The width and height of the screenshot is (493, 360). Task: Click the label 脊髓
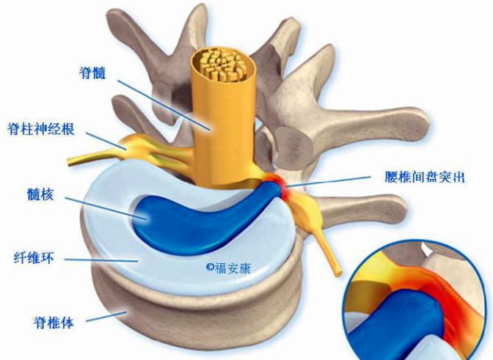[x=92, y=73]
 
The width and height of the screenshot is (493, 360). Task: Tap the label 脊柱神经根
[x=41, y=129]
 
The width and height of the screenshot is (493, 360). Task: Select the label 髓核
[x=40, y=194]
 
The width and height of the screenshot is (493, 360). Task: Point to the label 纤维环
[x=34, y=259]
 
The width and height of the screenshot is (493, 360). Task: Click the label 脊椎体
[x=54, y=322]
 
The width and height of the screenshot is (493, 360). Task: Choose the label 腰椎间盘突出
[x=425, y=177]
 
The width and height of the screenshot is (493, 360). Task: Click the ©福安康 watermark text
[x=229, y=268]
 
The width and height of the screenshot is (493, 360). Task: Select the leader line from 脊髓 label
[x=164, y=105]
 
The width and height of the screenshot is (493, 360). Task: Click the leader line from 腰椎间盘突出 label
[x=329, y=182]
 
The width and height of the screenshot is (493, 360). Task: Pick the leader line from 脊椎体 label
[x=106, y=316]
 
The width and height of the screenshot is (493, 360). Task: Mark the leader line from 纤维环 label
[x=101, y=260]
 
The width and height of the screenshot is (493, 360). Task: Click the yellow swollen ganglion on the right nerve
[x=307, y=213]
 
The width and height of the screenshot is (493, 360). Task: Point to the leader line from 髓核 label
[x=106, y=208]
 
